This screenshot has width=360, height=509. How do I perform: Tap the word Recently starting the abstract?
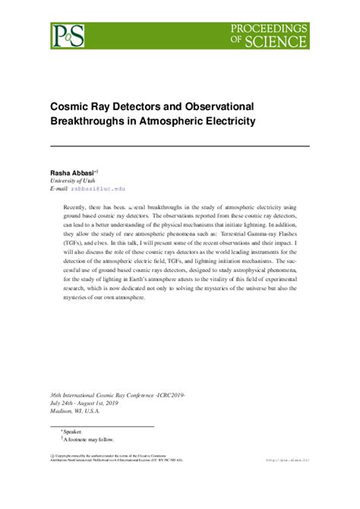click(77, 207)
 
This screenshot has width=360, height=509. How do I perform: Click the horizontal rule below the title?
click(180, 145)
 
